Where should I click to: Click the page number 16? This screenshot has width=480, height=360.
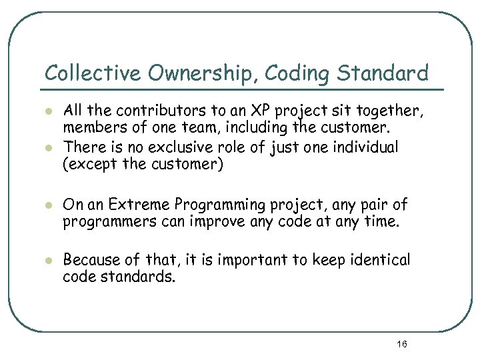pos(401,344)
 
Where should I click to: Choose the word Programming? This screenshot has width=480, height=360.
pos(203,203)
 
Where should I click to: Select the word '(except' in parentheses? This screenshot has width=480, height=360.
pos(85,165)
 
